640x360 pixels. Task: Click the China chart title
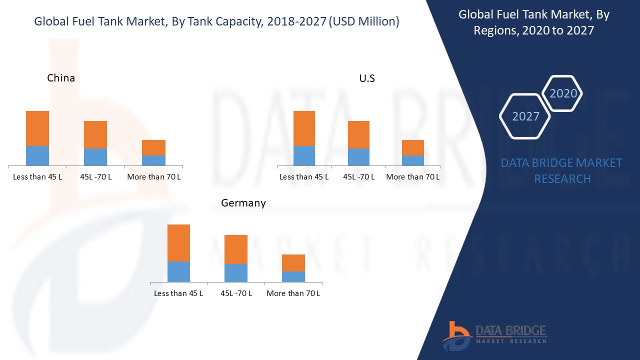(61, 78)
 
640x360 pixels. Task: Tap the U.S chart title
(367, 78)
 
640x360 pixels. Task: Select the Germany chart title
(243, 203)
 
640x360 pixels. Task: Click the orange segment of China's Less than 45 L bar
(37, 128)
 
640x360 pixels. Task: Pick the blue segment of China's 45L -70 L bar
(95, 157)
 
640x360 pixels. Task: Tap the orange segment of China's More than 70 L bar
(153, 147)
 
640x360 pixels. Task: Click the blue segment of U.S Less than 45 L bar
(304, 155)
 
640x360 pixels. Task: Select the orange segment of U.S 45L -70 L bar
(358, 134)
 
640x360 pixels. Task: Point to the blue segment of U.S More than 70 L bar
(413, 160)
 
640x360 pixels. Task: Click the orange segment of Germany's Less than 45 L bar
(178, 243)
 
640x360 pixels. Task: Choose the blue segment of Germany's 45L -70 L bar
(236, 273)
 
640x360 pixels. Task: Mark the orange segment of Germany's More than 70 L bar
(293, 263)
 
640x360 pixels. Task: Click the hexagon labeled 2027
(525, 116)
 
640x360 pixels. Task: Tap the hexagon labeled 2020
(563, 93)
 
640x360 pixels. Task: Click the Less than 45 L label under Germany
(178, 293)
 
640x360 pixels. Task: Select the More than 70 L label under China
(154, 177)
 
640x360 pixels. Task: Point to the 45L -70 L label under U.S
(358, 177)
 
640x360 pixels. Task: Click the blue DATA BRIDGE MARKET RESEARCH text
(562, 171)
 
